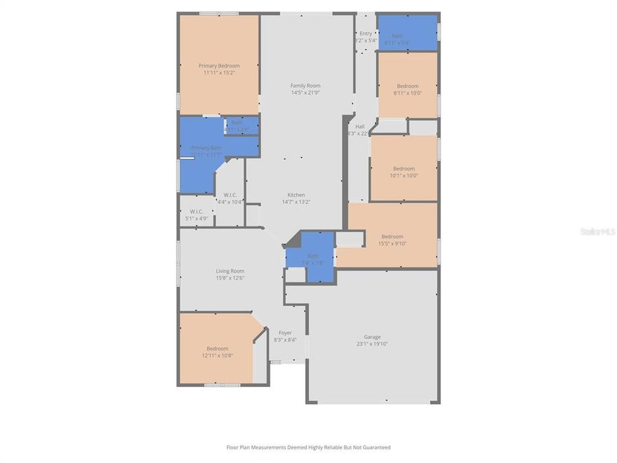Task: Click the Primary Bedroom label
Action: (219, 66)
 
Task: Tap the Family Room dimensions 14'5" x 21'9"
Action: (305, 93)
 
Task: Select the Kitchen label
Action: (296, 195)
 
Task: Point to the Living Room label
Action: (229, 271)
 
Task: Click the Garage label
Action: (372, 336)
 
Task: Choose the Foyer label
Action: (284, 332)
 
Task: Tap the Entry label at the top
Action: (366, 33)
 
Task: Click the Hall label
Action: (360, 126)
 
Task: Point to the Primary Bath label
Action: (206, 148)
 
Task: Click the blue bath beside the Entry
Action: (407, 33)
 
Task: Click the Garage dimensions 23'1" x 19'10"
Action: (372, 344)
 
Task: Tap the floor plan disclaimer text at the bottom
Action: (308, 447)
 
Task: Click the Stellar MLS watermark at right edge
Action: (597, 231)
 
